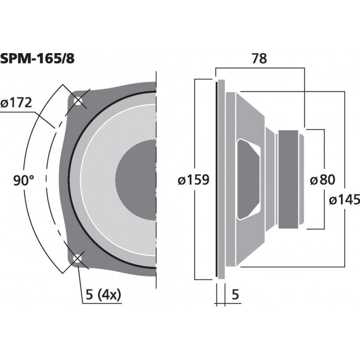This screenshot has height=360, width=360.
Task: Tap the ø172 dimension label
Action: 16,103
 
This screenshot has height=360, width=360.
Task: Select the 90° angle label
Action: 24,181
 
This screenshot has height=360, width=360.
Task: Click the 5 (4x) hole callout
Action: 103,295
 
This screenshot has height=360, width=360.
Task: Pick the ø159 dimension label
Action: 193,180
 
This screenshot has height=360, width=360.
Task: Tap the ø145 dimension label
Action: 344,200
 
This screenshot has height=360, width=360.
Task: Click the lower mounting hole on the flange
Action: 78,259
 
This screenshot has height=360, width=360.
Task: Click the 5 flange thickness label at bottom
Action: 235,295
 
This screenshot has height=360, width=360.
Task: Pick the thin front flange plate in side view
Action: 221,180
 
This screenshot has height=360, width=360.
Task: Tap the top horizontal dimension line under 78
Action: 260,68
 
